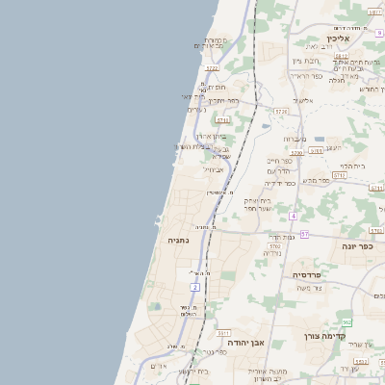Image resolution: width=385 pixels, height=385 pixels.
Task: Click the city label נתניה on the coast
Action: (178, 240)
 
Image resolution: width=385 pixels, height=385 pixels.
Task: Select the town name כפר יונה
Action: (356, 246)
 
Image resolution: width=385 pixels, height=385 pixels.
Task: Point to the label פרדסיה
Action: (307, 274)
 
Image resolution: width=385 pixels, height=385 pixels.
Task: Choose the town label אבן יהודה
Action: (244, 342)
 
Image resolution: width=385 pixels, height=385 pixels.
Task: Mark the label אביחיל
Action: (213, 168)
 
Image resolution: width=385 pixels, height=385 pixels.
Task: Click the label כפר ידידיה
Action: (279, 183)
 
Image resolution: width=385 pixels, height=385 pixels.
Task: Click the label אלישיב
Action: (302, 100)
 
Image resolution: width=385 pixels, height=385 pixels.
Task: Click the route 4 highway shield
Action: (293, 216)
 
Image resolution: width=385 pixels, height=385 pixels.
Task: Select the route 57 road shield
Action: (304, 234)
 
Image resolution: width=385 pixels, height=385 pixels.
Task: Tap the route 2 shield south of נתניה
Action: (194, 287)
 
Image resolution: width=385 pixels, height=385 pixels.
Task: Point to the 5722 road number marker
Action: (212, 68)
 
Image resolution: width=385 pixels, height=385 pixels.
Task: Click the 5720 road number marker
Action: (281, 112)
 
